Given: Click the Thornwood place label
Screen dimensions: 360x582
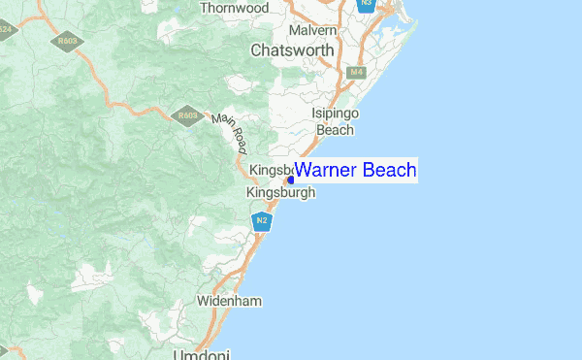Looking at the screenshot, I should (234, 8).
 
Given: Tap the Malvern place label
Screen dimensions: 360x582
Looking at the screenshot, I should (312, 31).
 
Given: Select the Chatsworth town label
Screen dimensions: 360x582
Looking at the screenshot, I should (292, 49).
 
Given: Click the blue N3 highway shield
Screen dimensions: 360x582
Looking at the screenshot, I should (365, 5).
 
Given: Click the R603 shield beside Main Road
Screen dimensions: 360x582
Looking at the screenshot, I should (184, 116).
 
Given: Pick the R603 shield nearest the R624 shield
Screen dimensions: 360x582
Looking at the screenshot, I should (67, 42).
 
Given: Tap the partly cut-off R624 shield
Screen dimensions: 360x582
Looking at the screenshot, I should (6, 29).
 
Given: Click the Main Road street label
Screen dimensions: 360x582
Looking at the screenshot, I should (230, 132).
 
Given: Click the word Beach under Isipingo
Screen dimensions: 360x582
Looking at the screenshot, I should (336, 129).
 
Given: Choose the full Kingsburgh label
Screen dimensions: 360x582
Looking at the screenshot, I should (281, 193).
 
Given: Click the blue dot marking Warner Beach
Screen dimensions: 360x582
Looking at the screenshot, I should (290, 180).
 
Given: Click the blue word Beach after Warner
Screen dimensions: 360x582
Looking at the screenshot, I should (390, 171).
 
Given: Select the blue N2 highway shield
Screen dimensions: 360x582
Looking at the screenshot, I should (260, 222).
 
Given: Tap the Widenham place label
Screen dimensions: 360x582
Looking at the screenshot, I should (229, 301).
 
